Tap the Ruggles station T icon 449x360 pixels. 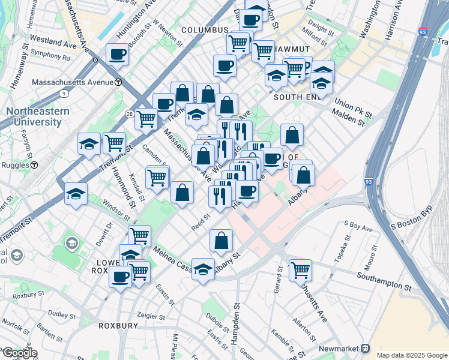(35, 165)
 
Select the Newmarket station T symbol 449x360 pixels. (364, 348)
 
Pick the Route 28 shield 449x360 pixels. (130, 113)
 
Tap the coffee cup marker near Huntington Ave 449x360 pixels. (118, 55)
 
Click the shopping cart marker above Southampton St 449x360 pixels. (300, 269)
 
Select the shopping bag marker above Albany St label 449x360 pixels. (221, 240)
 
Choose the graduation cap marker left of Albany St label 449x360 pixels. (203, 268)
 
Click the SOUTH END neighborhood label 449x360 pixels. (295, 97)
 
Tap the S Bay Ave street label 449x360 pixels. (358, 226)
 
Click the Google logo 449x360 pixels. (20, 353)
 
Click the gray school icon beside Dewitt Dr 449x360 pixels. (72, 244)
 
